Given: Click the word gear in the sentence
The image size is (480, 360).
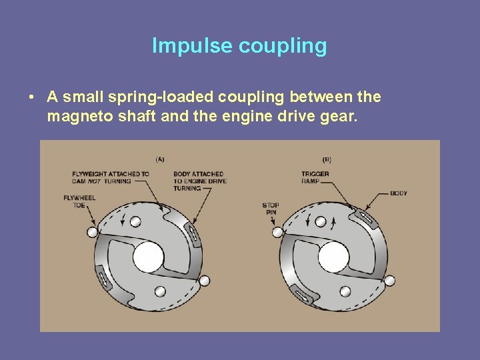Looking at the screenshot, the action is [342, 117].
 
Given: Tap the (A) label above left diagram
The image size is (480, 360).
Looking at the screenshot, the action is [161, 159].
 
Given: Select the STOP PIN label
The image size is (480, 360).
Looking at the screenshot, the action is [271, 209].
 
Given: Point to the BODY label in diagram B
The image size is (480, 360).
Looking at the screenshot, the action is [399, 193].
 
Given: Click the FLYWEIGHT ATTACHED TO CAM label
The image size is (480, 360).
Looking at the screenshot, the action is [111, 178].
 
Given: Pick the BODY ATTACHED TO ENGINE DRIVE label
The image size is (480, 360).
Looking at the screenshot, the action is [199, 181].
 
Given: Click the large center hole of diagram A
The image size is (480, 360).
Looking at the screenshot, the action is [148, 257].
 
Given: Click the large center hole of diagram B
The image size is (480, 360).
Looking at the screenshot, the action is [334, 257].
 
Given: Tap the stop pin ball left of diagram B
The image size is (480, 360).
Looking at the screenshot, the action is [277, 232].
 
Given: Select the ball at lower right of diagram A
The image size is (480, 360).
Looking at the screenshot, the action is [204, 281].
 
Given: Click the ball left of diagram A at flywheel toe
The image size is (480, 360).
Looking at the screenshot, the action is [92, 231].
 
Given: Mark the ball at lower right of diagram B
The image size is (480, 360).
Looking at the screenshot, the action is [389, 281].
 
